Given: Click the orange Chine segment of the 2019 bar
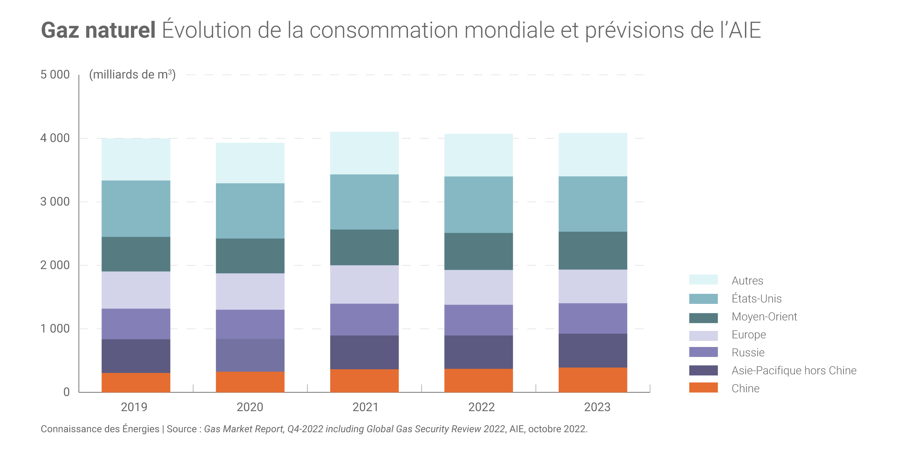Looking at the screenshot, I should pos(136,383).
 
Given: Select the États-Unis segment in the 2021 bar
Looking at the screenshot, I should pos(364,202).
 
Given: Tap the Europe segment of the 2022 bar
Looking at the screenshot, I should pos(478,287).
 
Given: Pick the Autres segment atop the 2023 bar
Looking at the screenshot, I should pos(593,154).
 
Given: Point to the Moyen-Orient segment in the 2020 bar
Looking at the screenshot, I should pos(250,256).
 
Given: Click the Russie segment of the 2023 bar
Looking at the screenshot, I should pos(593,318).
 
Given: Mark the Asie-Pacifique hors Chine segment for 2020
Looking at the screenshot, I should pos(250,355).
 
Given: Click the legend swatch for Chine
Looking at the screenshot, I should pos(703,388).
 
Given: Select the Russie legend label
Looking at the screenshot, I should pos(748,352).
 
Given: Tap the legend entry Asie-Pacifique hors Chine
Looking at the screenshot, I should pos(794,370).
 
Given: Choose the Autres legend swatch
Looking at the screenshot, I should pos(703,280).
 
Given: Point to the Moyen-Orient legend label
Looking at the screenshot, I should pos(764,316).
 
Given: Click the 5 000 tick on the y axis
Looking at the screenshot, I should pos(55,75).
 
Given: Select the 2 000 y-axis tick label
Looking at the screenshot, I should pos(55,265).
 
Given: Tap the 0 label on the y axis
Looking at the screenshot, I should pos(66,392).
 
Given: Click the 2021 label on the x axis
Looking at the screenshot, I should pos(365,407).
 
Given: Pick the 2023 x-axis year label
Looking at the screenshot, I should pos(597,407).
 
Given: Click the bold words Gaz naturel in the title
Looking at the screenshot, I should pos(98,30).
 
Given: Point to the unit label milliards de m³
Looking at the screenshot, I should pos(132,74).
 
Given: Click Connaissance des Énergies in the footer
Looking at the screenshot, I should pos(100,429).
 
